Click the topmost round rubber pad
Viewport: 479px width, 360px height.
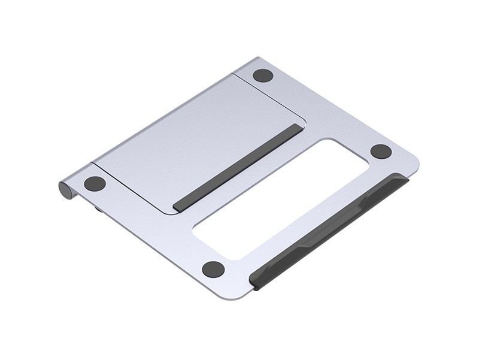pos(262,75)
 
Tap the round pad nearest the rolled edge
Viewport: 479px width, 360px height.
pos(95,183)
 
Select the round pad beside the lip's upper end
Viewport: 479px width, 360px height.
pos(381,151)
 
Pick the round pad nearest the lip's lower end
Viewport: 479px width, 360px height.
pos(213,269)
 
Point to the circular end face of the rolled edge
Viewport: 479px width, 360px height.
pos(65,190)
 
